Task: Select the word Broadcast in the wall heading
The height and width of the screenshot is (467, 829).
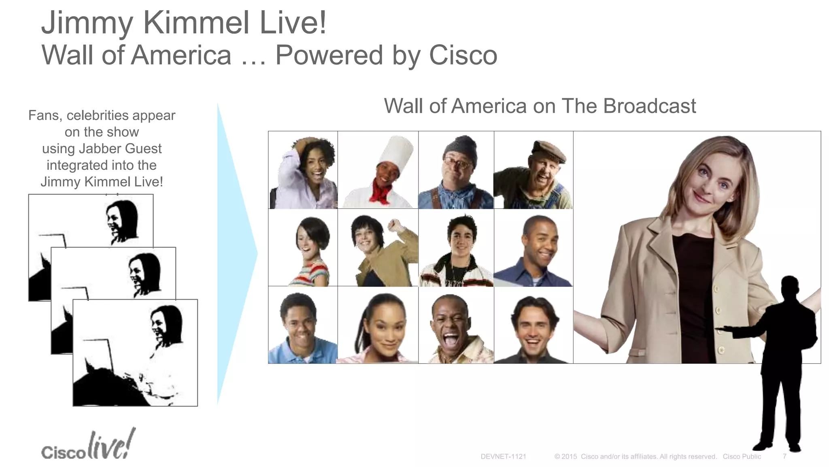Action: click(x=649, y=106)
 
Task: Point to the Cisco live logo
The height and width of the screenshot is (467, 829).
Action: click(x=88, y=446)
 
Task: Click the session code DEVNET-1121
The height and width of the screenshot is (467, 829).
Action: click(x=503, y=456)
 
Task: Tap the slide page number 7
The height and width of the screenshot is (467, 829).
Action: click(x=784, y=456)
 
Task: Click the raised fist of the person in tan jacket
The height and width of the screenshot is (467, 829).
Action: click(x=396, y=225)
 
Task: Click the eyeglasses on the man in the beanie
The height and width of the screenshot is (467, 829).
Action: click(x=458, y=164)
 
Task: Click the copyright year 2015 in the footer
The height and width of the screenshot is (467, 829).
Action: click(x=569, y=456)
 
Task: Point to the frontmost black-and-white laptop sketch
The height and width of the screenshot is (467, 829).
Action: click(x=135, y=353)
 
